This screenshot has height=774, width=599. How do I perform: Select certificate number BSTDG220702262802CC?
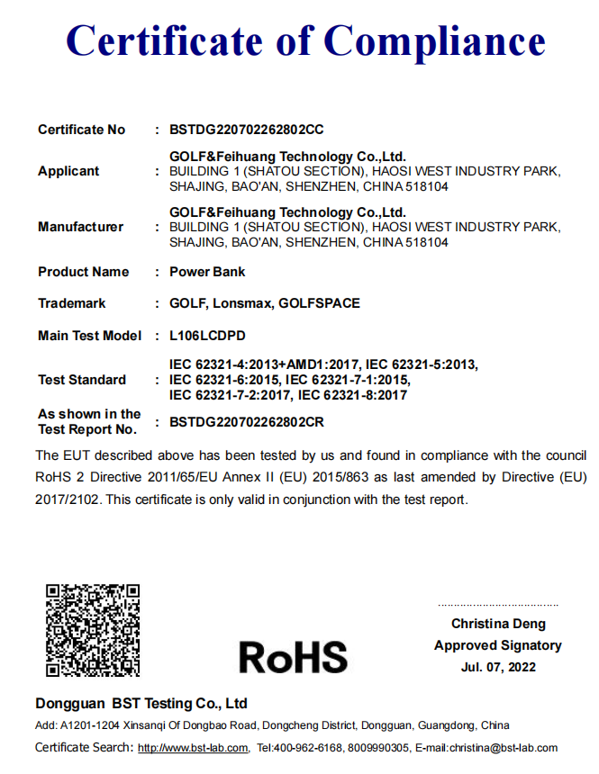click(x=246, y=130)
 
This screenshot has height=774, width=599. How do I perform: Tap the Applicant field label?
click(x=68, y=171)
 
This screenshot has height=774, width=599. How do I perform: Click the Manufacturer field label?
click(x=80, y=227)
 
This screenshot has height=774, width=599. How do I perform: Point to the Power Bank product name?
click(x=207, y=272)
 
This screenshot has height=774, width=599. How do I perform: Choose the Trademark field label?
click(x=71, y=303)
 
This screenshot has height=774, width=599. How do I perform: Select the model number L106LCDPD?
click(x=207, y=336)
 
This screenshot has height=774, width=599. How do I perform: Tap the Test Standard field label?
click(x=82, y=380)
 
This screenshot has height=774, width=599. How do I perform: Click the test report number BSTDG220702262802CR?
click(x=246, y=421)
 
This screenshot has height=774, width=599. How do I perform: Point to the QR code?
click(x=93, y=630)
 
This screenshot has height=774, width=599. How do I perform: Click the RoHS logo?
click(x=293, y=656)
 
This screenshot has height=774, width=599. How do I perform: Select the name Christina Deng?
click(x=498, y=624)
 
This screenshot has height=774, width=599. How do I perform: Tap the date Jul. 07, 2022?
click(x=498, y=667)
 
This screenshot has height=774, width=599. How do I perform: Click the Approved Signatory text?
click(x=498, y=645)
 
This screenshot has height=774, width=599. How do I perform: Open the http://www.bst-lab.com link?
click(x=193, y=748)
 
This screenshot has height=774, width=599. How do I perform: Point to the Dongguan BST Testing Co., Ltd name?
click(x=141, y=704)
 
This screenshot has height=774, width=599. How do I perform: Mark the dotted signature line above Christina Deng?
click(x=498, y=606)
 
